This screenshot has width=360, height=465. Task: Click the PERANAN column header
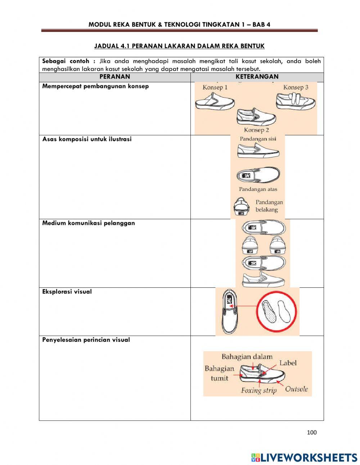114,77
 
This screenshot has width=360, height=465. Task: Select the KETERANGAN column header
257,77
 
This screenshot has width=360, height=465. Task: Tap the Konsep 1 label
215,87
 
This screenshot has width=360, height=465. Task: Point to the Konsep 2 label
256,130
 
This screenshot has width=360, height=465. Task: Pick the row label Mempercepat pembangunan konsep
95,86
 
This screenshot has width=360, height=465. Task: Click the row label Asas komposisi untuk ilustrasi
87,139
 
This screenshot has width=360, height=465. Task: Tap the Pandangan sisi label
258,139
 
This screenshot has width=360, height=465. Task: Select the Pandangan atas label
258,189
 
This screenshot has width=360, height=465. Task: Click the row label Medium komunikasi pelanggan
89,223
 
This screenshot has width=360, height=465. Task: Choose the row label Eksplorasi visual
67,292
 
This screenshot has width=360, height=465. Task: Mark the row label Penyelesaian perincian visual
86,340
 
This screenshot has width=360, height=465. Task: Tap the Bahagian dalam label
247,357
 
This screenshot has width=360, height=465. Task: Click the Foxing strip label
259,390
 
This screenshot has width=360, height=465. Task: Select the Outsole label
296,389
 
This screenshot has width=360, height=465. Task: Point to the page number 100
312,432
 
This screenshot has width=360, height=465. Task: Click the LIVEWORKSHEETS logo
304,457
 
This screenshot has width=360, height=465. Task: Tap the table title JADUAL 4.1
179,46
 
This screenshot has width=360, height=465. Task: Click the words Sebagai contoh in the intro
66,61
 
